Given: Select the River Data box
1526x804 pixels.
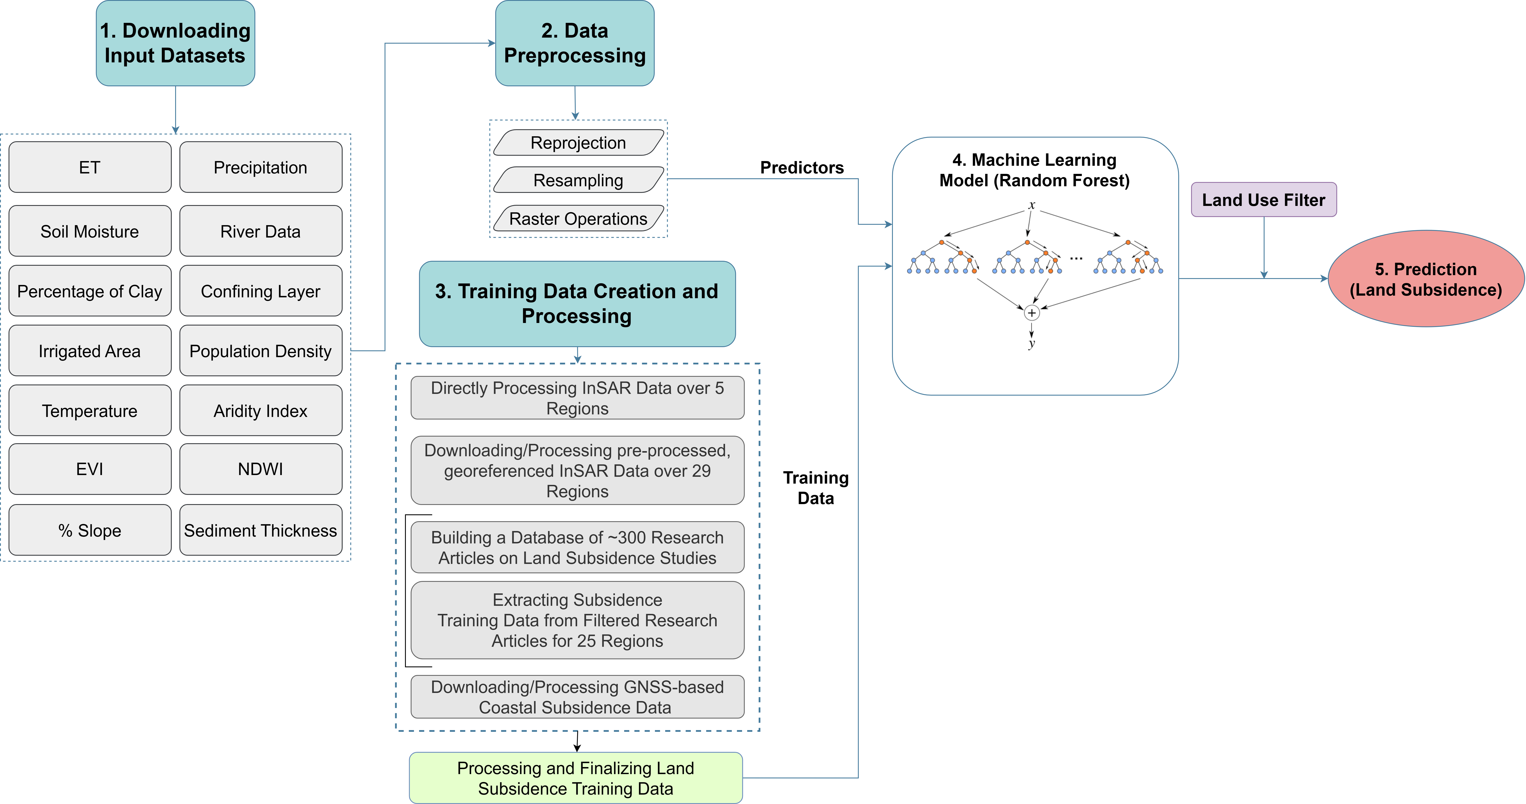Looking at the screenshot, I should click(x=261, y=231).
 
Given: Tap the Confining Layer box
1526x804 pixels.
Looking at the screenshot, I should click(x=261, y=291).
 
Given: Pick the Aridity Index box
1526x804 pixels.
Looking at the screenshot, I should click(x=261, y=411).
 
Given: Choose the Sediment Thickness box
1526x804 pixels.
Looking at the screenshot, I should click(x=261, y=530).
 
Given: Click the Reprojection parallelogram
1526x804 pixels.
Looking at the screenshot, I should click(x=578, y=143).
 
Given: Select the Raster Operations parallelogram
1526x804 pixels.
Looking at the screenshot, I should click(x=578, y=219).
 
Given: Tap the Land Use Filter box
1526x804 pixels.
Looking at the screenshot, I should click(x=1263, y=200).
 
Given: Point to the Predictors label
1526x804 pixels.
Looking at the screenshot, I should click(x=801, y=168).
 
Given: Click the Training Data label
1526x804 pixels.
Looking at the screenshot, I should click(x=816, y=488).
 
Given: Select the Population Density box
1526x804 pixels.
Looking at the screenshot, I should click(x=261, y=351).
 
